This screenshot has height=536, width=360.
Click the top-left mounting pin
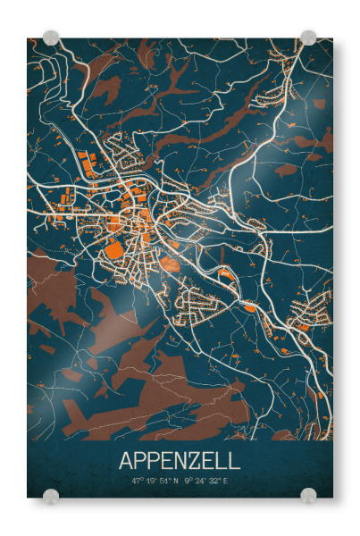[x=51, y=38]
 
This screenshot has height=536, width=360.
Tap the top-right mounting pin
[x=308, y=38]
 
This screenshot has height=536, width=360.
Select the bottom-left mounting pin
[x=51, y=496]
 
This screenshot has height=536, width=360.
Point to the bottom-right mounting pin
[x=308, y=496]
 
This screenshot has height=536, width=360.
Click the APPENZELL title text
[x=180, y=461]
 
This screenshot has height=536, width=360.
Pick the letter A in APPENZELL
[x=126, y=461]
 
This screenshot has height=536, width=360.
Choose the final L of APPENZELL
[x=234, y=461]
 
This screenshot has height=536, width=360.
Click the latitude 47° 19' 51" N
[x=155, y=482]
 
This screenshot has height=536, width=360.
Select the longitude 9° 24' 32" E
[x=206, y=482]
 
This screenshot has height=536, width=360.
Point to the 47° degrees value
[x=138, y=482]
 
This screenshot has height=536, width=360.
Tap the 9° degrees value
[x=188, y=482]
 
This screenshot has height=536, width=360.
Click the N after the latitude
[x=176, y=482]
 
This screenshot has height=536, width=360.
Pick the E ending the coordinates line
[x=225, y=482]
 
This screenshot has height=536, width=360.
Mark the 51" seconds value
[x=164, y=482]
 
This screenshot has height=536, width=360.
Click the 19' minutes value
[x=151, y=482]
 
